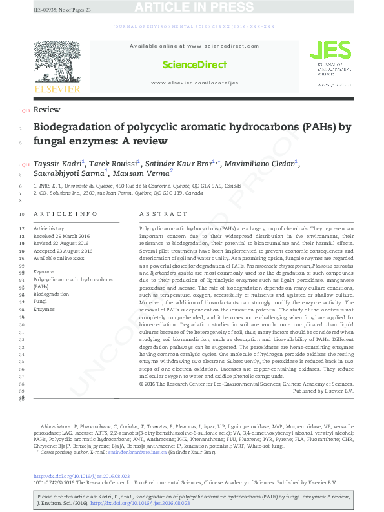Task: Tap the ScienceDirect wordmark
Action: pyautogui.click(x=194, y=64)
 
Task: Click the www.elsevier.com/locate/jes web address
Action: pyautogui.click(x=194, y=83)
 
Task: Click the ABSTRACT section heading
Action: pyautogui.click(x=158, y=214)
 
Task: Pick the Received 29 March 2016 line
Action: pyautogui.click(x=62, y=236)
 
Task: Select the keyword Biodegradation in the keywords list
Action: pyautogui.click(x=52, y=293)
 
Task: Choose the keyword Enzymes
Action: pyautogui.click(x=44, y=309)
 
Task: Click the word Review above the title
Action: pyautogui.click(x=46, y=110)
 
